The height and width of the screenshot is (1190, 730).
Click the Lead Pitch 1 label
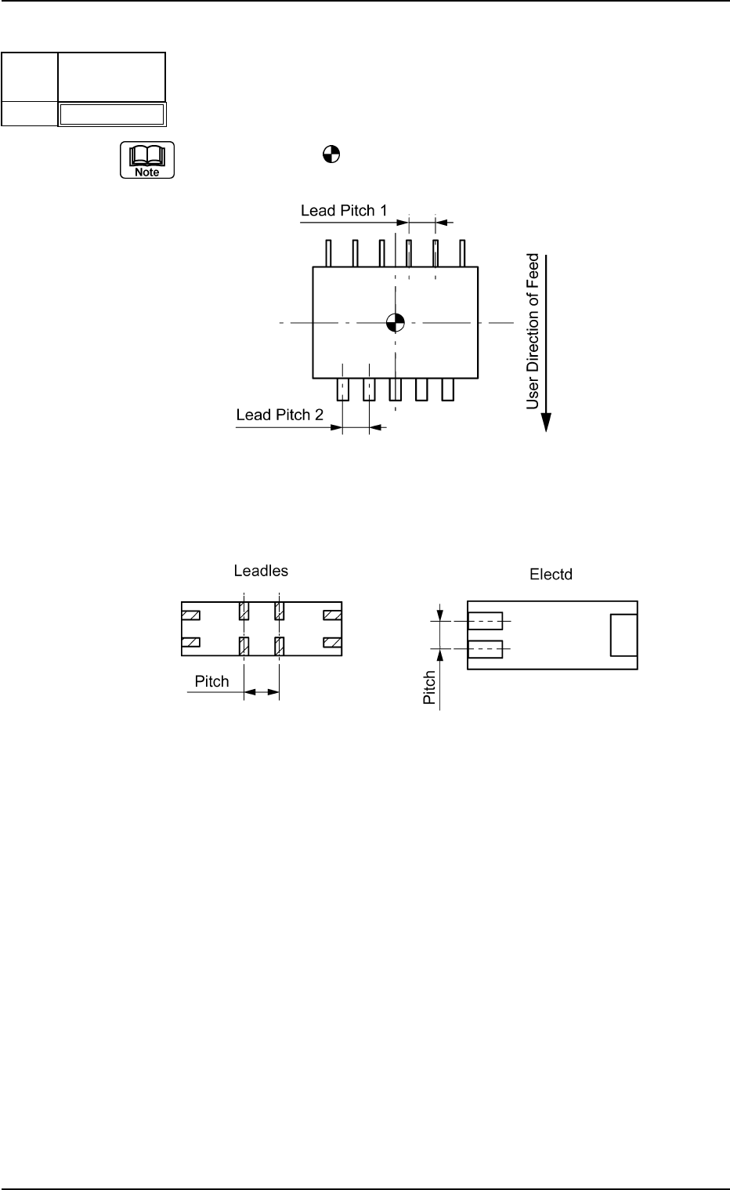pyautogui.click(x=344, y=211)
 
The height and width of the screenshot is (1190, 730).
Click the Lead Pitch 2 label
pyautogui.click(x=280, y=415)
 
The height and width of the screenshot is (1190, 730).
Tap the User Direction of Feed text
pyautogui.click(x=533, y=331)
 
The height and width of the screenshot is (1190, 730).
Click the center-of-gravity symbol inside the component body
pyautogui.click(x=396, y=321)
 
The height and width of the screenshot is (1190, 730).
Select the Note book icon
pyautogui.click(x=146, y=161)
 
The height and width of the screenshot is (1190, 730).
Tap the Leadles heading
pyautogui.click(x=261, y=571)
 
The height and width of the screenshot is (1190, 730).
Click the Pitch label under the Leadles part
pyautogui.click(x=211, y=680)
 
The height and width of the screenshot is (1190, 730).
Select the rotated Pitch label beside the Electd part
pyautogui.click(x=430, y=688)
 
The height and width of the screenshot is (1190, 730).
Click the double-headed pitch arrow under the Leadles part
pyautogui.click(x=262, y=692)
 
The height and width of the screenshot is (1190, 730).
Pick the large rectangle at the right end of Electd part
pyautogui.click(x=623, y=635)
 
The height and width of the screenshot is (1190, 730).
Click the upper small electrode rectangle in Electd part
pyautogui.click(x=485, y=621)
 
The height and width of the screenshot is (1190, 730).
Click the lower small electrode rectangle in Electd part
pyautogui.click(x=485, y=649)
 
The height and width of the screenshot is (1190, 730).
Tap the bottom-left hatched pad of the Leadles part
pyautogui.click(x=190, y=644)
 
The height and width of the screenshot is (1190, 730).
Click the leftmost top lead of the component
pyautogui.click(x=329, y=253)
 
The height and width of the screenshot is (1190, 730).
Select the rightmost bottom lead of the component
pyautogui.click(x=448, y=389)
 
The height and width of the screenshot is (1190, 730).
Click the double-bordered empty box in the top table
pyautogui.click(x=112, y=114)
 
